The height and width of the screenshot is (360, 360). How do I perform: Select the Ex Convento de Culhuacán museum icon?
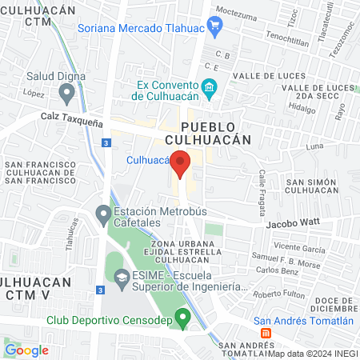[209, 87]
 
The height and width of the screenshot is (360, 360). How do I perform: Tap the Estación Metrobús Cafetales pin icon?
[103, 214]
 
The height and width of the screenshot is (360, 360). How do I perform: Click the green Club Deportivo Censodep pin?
[182, 318]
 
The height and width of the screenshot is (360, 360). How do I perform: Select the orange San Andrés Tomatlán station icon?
[268, 332]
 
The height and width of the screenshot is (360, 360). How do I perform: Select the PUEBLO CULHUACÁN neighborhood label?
[216, 133]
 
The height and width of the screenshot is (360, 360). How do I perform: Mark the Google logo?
[26, 350]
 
